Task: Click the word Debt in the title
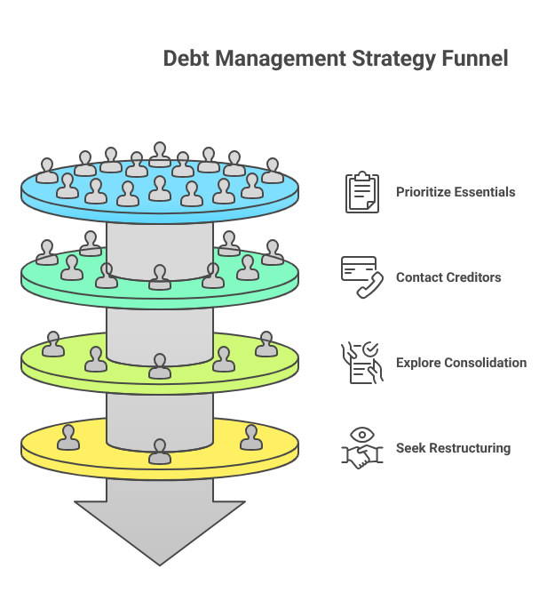[x=186, y=59]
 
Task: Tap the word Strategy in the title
[x=392, y=59]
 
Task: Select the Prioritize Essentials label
[x=456, y=192]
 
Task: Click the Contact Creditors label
[x=448, y=277]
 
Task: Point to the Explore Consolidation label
[x=461, y=363]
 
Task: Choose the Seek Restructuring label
[x=453, y=448]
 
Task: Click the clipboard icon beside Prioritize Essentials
[x=361, y=192]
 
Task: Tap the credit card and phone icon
[x=361, y=277]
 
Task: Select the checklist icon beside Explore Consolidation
[x=361, y=363]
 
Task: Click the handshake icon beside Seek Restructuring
[x=361, y=448]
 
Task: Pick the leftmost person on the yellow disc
[x=67, y=437]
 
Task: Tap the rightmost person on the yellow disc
[x=251, y=437]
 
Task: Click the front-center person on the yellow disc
[x=160, y=452]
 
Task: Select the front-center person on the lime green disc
[x=160, y=366]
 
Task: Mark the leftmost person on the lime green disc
[x=53, y=345]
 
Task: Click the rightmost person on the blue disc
[x=273, y=171]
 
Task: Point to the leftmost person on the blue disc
[x=47, y=171]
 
